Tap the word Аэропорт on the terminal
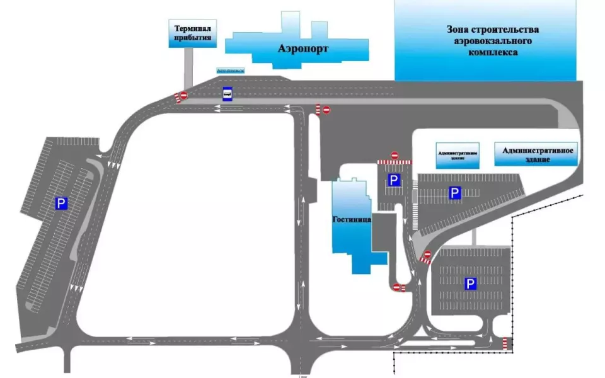click(302, 48)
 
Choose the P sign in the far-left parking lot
click(61, 203)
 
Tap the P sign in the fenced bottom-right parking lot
click(470, 284)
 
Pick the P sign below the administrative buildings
click(454, 193)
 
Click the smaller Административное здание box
click(458, 155)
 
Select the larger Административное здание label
click(536, 154)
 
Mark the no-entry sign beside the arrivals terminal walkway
click(183, 96)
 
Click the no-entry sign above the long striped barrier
click(395, 155)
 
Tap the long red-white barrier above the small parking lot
click(395, 163)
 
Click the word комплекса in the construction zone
click(493, 53)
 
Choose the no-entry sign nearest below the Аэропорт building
click(326, 110)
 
